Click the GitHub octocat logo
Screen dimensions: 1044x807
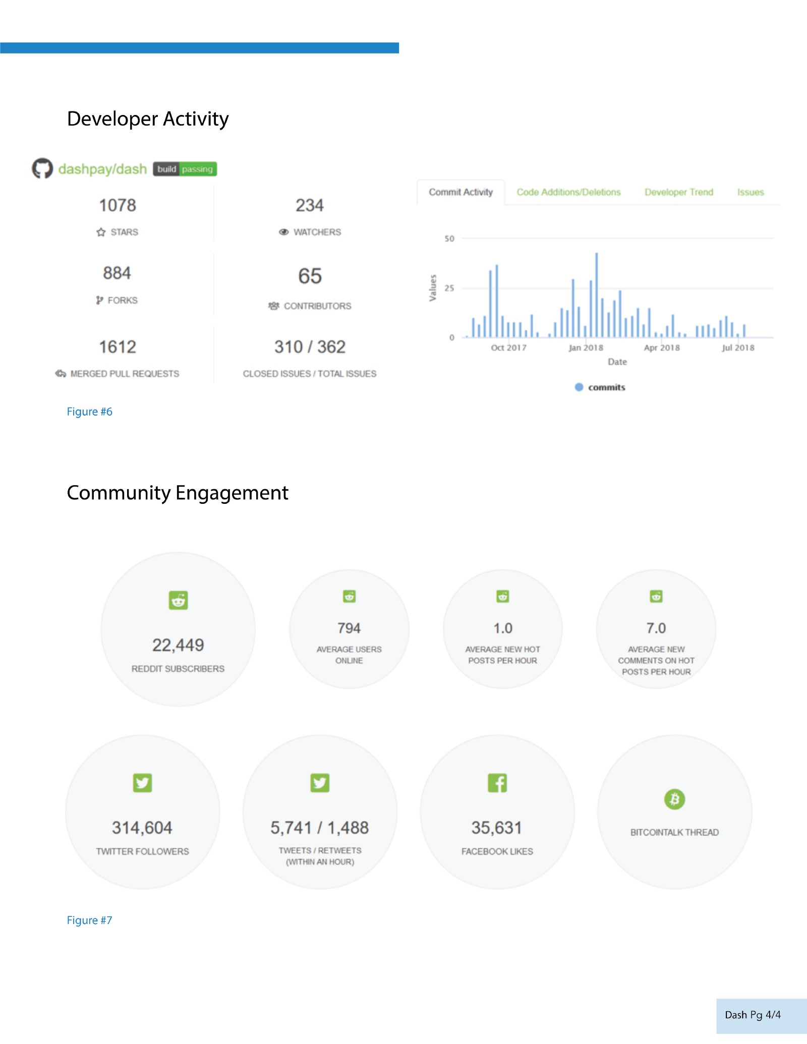pyautogui.click(x=42, y=168)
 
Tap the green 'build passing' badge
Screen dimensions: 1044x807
pyautogui.click(x=185, y=169)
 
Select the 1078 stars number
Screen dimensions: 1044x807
pyautogui.click(x=118, y=205)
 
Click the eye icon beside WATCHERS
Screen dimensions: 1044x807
pyautogui.click(x=284, y=232)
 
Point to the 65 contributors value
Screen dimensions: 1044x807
pyautogui.click(x=310, y=276)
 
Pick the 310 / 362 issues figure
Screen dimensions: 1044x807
pyautogui.click(x=310, y=347)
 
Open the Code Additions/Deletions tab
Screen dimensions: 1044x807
pyautogui.click(x=568, y=192)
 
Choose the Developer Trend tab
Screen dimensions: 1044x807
pyautogui.click(x=678, y=192)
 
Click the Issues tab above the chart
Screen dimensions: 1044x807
pyautogui.click(x=750, y=192)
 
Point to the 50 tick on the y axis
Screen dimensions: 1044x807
pyautogui.click(x=449, y=239)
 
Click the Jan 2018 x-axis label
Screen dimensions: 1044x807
pyautogui.click(x=586, y=347)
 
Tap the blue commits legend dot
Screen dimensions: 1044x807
pyautogui.click(x=579, y=387)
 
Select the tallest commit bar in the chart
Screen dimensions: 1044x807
pyautogui.click(x=596, y=295)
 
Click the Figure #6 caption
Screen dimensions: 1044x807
pyautogui.click(x=90, y=412)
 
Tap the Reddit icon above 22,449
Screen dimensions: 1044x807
pyautogui.click(x=178, y=600)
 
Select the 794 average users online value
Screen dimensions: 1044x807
pyautogui.click(x=349, y=628)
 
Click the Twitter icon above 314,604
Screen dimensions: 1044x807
pyautogui.click(x=142, y=783)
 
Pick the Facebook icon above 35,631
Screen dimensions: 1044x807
pyautogui.click(x=497, y=783)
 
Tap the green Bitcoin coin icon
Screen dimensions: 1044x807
pyautogui.click(x=674, y=799)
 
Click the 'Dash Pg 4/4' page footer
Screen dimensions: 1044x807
pyautogui.click(x=753, y=1015)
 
